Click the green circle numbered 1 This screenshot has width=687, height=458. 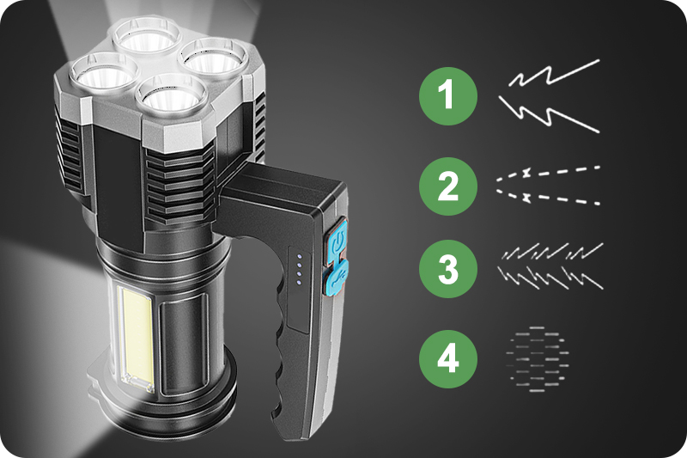point(447,95)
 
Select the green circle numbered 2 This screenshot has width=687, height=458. point(447,185)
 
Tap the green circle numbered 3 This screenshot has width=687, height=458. point(447,269)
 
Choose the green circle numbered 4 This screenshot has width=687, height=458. point(447,357)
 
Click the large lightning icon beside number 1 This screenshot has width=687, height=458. point(550,96)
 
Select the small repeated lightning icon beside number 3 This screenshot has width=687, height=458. point(550,266)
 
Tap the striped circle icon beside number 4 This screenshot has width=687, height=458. point(537,357)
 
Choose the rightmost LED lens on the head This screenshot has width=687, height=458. point(211,60)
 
